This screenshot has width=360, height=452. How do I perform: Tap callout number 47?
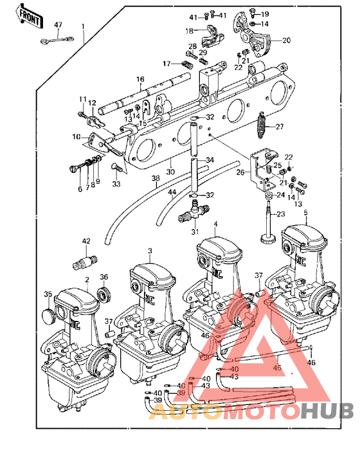tap(58, 25)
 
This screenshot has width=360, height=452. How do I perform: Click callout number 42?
tap(87, 242)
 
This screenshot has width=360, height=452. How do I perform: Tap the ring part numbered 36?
tap(103, 296)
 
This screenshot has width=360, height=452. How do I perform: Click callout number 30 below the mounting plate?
tap(170, 172)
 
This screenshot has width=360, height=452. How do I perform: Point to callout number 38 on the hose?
tap(155, 178)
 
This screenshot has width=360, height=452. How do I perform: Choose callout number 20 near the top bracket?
tap(286, 40)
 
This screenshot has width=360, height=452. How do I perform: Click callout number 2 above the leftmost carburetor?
tap(87, 280)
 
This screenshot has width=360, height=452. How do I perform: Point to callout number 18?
tap(190, 30)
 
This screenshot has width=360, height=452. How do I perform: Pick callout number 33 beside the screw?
tap(116, 184)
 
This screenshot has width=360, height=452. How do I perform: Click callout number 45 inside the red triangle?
tap(277, 368)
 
